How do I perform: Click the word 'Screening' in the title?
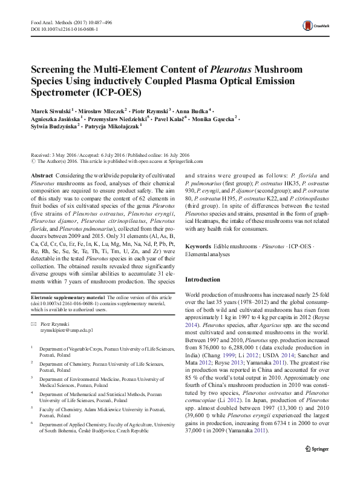pyautogui.click(x=56, y=70)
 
